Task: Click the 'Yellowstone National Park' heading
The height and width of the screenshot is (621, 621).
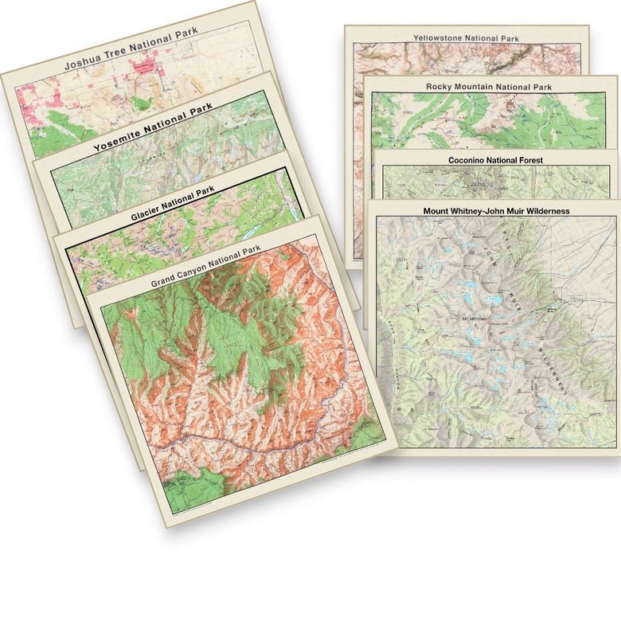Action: pyautogui.click(x=466, y=37)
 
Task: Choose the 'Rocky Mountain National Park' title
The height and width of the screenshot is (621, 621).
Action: pyautogui.click(x=489, y=86)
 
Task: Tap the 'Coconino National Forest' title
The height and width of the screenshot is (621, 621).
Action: pyautogui.click(x=495, y=160)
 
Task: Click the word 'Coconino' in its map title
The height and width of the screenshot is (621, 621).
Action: pyautogui.click(x=467, y=160)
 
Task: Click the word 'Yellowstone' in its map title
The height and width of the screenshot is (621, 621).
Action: pyautogui.click(x=439, y=37)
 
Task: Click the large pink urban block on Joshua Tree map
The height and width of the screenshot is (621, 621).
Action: pyautogui.click(x=147, y=68)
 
